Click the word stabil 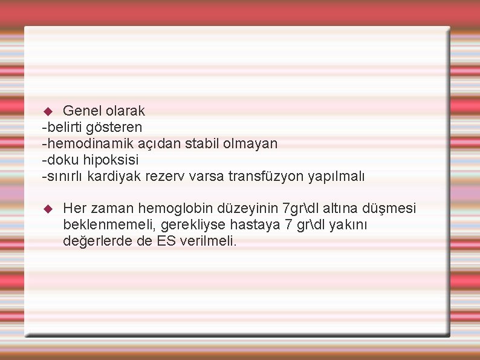pos(185,143)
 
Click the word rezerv pos(162,177)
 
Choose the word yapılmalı pos(337,177)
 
